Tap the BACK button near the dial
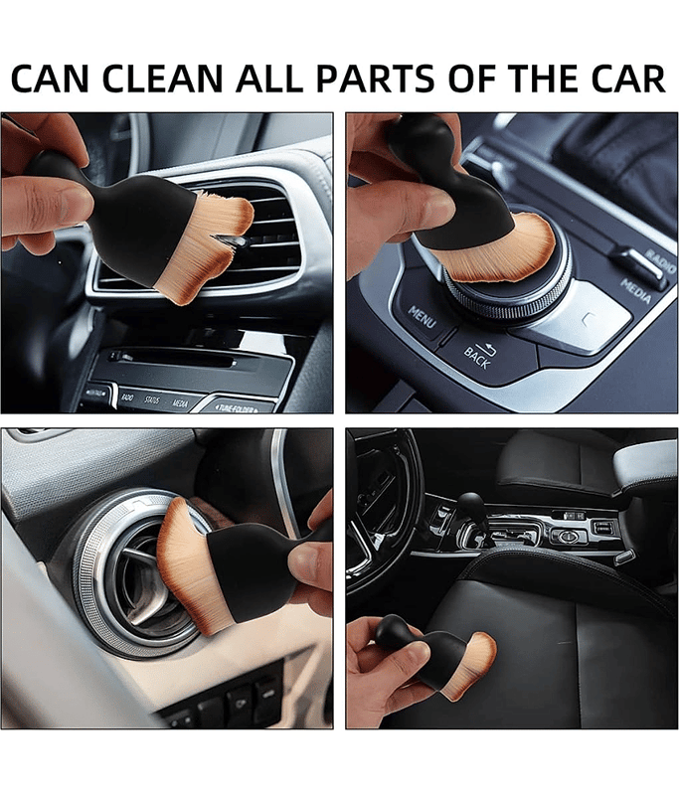478,352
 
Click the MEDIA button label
636,290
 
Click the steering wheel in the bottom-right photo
383,517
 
